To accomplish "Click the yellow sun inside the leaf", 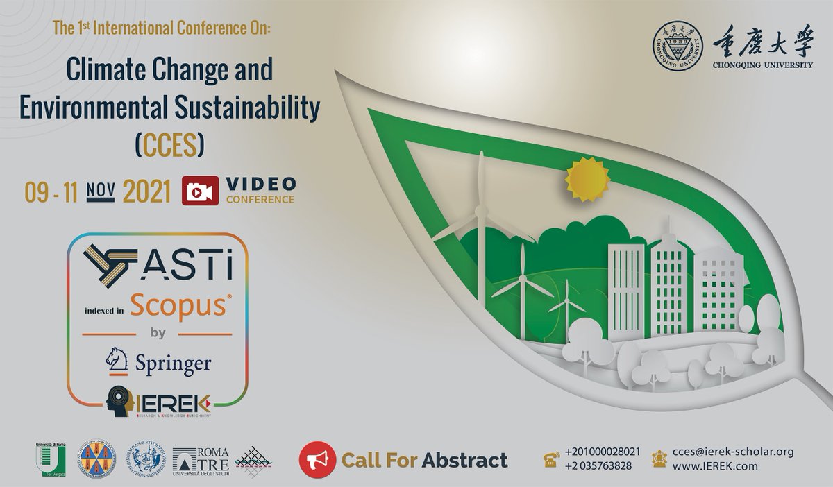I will pyautogui.click(x=587, y=177).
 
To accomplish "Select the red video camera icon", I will pyautogui.click(x=201, y=191).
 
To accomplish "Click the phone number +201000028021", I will pyautogui.click(x=603, y=452).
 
